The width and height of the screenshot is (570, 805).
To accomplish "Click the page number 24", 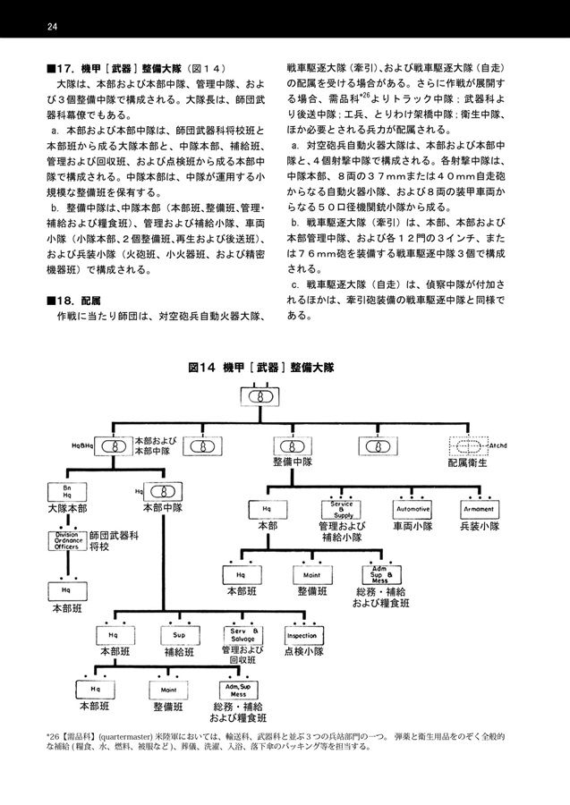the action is tap(52, 27).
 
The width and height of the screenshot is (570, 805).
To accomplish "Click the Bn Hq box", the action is tap(67, 492).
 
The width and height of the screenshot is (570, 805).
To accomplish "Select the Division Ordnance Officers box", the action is tap(67, 540).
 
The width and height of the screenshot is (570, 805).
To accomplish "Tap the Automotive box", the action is tap(413, 509).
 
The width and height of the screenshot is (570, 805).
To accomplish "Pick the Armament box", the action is tap(480, 509).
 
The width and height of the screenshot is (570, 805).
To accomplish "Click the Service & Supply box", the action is tap(342, 509).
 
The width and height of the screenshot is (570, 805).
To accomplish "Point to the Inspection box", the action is tap(304, 636).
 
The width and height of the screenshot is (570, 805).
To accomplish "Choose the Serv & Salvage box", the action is tap(242, 636).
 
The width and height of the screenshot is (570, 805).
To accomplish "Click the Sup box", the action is tap(179, 636).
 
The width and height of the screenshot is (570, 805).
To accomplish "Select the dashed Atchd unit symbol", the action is tap(468, 446).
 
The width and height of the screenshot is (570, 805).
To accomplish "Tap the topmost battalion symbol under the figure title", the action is tap(260, 397).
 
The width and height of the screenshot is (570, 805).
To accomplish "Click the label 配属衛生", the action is tap(467, 463).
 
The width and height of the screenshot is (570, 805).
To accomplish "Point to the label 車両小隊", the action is tap(413, 526).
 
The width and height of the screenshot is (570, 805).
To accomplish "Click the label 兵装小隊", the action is tap(480, 526).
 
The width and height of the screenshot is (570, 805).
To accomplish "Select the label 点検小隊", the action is tap(304, 652).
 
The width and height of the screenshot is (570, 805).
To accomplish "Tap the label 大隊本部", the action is tap(67, 509).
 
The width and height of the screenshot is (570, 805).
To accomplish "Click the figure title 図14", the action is tap(201, 368).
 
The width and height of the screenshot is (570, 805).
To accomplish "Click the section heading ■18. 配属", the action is tap(73, 301).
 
